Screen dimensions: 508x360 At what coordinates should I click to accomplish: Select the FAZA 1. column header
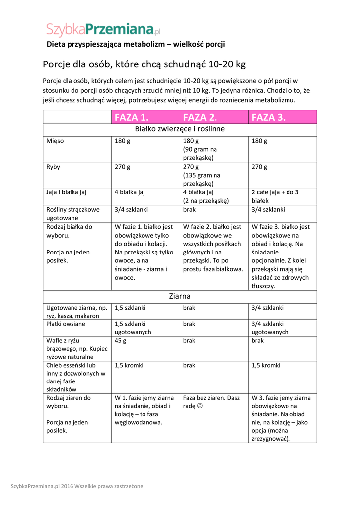click(x=132, y=117)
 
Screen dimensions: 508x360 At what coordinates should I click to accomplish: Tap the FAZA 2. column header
click(x=200, y=117)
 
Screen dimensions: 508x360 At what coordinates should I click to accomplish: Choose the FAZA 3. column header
click(x=269, y=117)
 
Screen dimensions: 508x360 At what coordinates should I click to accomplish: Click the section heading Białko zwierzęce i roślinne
click(x=180, y=129)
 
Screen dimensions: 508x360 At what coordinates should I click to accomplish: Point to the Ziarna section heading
click(x=180, y=296)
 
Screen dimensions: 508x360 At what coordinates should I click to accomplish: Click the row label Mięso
click(x=55, y=141)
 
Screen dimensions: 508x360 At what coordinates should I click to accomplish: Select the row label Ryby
click(x=53, y=167)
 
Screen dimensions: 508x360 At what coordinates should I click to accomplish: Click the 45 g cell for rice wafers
click(x=121, y=341)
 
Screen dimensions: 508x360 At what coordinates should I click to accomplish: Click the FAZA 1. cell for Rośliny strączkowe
click(x=131, y=210)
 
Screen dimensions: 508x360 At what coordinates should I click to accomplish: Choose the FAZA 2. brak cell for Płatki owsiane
click(x=189, y=324)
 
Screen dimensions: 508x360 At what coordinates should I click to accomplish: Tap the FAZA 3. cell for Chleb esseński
click(x=266, y=366)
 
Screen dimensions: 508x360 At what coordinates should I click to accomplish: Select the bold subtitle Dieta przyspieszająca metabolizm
click(x=136, y=44)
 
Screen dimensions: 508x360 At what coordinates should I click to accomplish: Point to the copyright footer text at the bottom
click(x=77, y=486)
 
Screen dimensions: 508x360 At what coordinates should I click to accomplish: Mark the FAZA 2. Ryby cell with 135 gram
click(x=201, y=175)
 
